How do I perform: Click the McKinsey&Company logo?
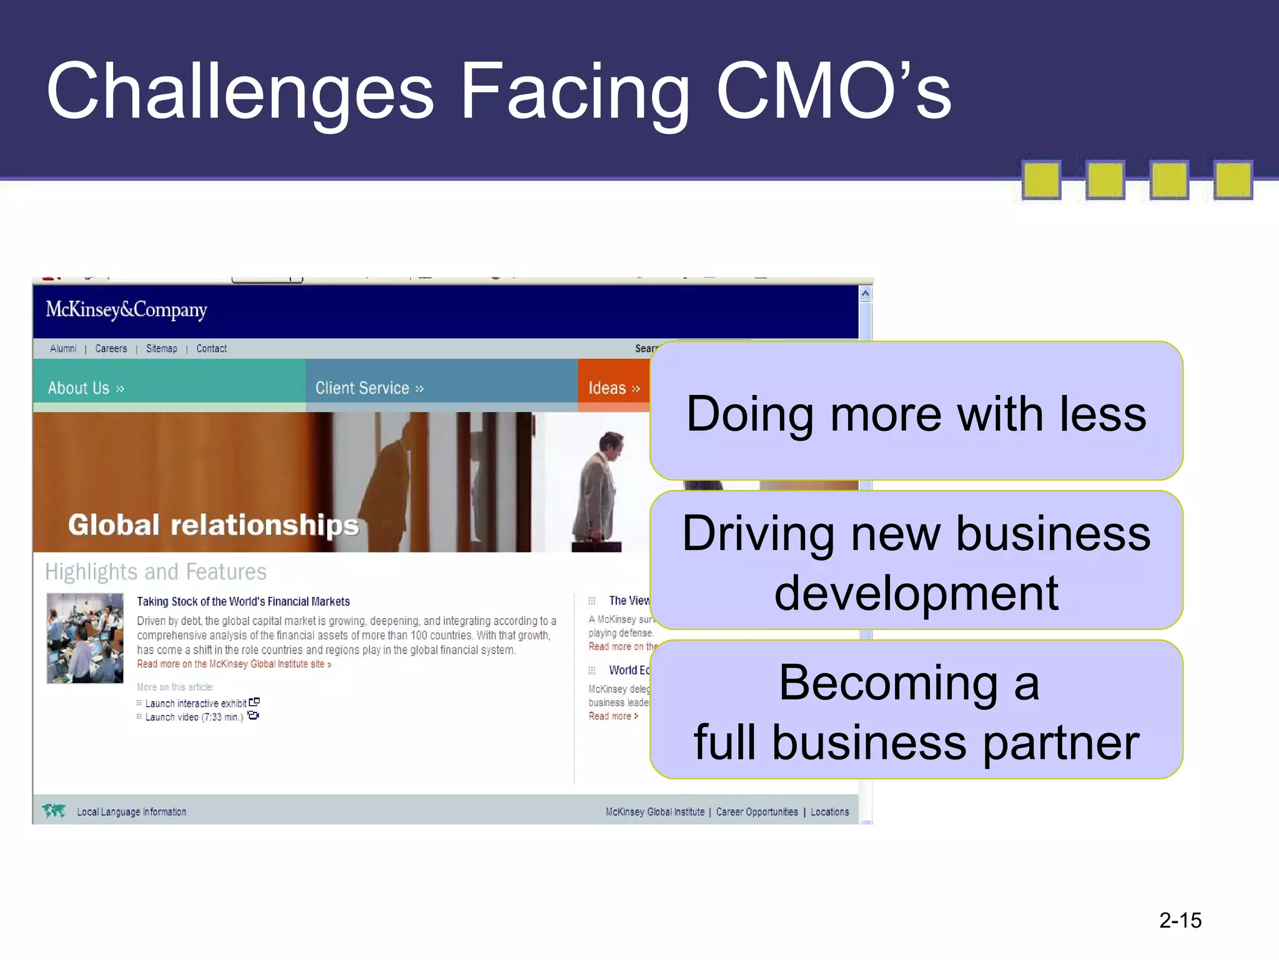(126, 310)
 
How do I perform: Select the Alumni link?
(63, 349)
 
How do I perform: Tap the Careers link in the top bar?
(111, 349)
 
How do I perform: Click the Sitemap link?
(162, 349)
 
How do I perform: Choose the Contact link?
(212, 349)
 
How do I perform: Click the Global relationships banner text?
(214, 525)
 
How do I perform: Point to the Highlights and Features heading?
(156, 572)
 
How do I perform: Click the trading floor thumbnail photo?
(85, 638)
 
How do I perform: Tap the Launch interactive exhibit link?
(196, 704)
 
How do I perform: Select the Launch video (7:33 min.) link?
(194, 717)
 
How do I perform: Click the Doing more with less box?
(916, 412)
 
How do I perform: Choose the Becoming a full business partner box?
(916, 711)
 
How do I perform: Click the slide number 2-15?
(1180, 921)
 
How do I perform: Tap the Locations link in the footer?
(829, 812)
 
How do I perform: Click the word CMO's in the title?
(834, 92)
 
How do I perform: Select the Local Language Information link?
(132, 812)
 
